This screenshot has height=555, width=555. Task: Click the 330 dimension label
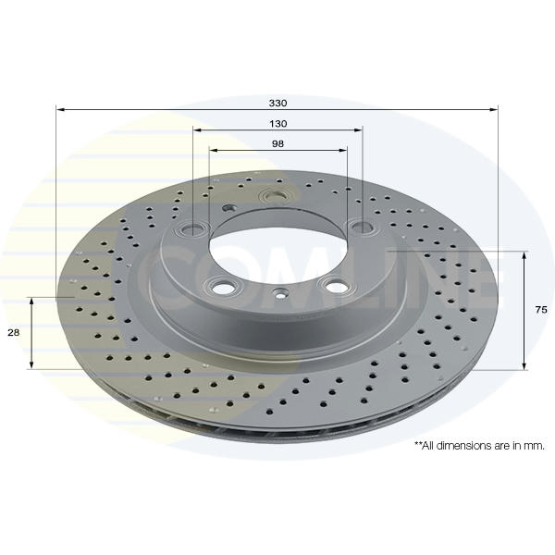tap(277, 104)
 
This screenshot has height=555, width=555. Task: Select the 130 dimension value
tap(278, 124)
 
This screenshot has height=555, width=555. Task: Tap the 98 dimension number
tap(277, 144)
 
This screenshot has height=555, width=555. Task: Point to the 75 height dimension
tap(541, 310)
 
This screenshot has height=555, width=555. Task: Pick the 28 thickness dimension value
tap(14, 333)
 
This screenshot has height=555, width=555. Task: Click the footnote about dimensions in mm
tap(479, 445)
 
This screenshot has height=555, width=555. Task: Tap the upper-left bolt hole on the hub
tap(193, 230)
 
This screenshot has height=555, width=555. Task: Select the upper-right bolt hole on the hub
tap(361, 227)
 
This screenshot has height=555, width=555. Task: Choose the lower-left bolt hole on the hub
tap(224, 287)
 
